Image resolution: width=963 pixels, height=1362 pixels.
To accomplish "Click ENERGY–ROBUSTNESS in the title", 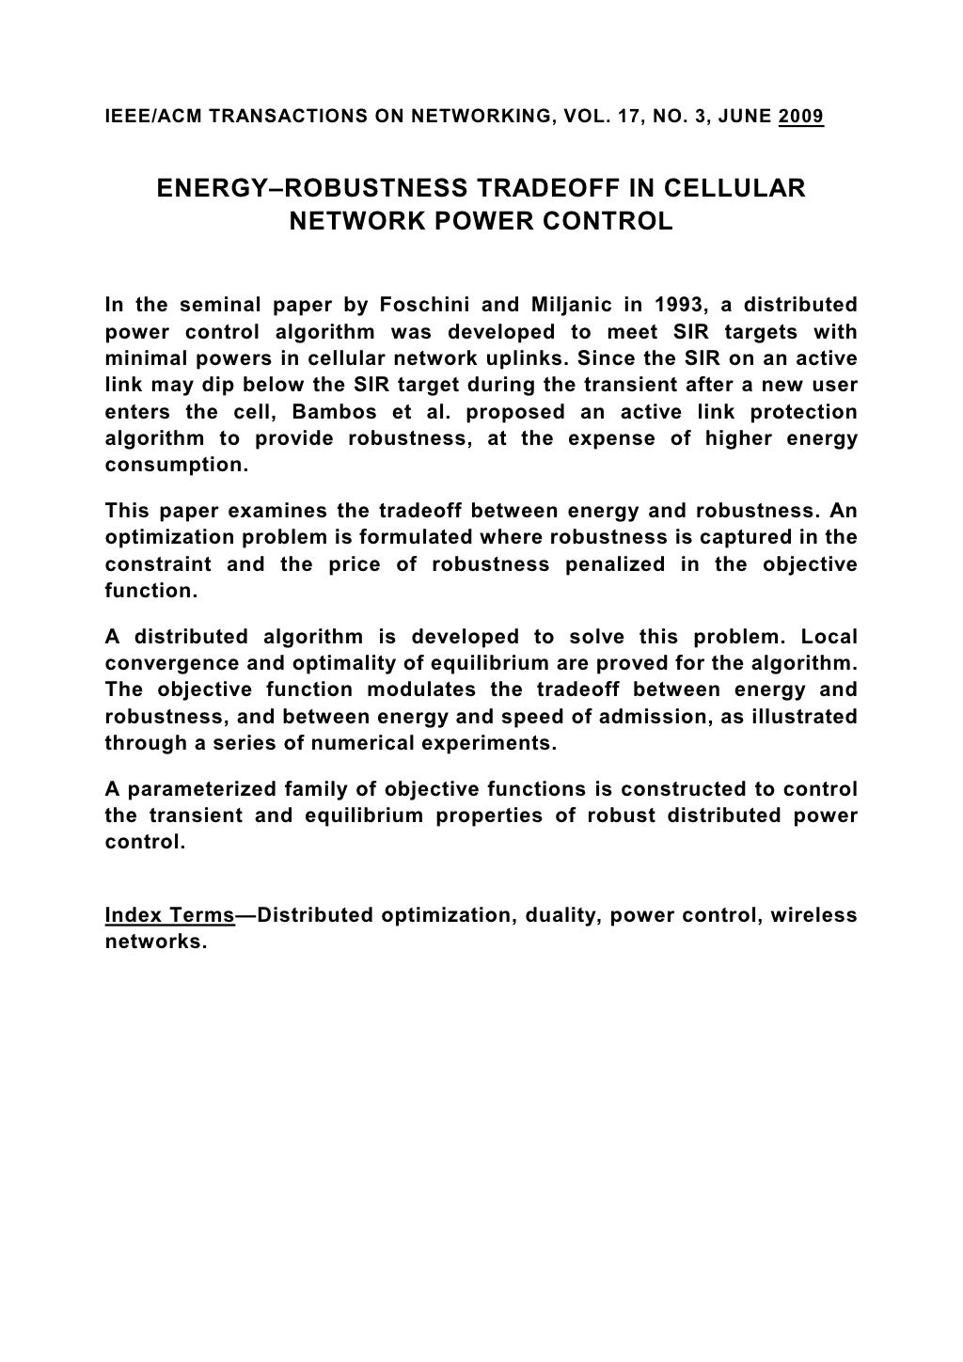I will [x=311, y=188].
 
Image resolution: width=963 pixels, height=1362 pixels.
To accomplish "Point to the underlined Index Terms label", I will [x=169, y=915].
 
